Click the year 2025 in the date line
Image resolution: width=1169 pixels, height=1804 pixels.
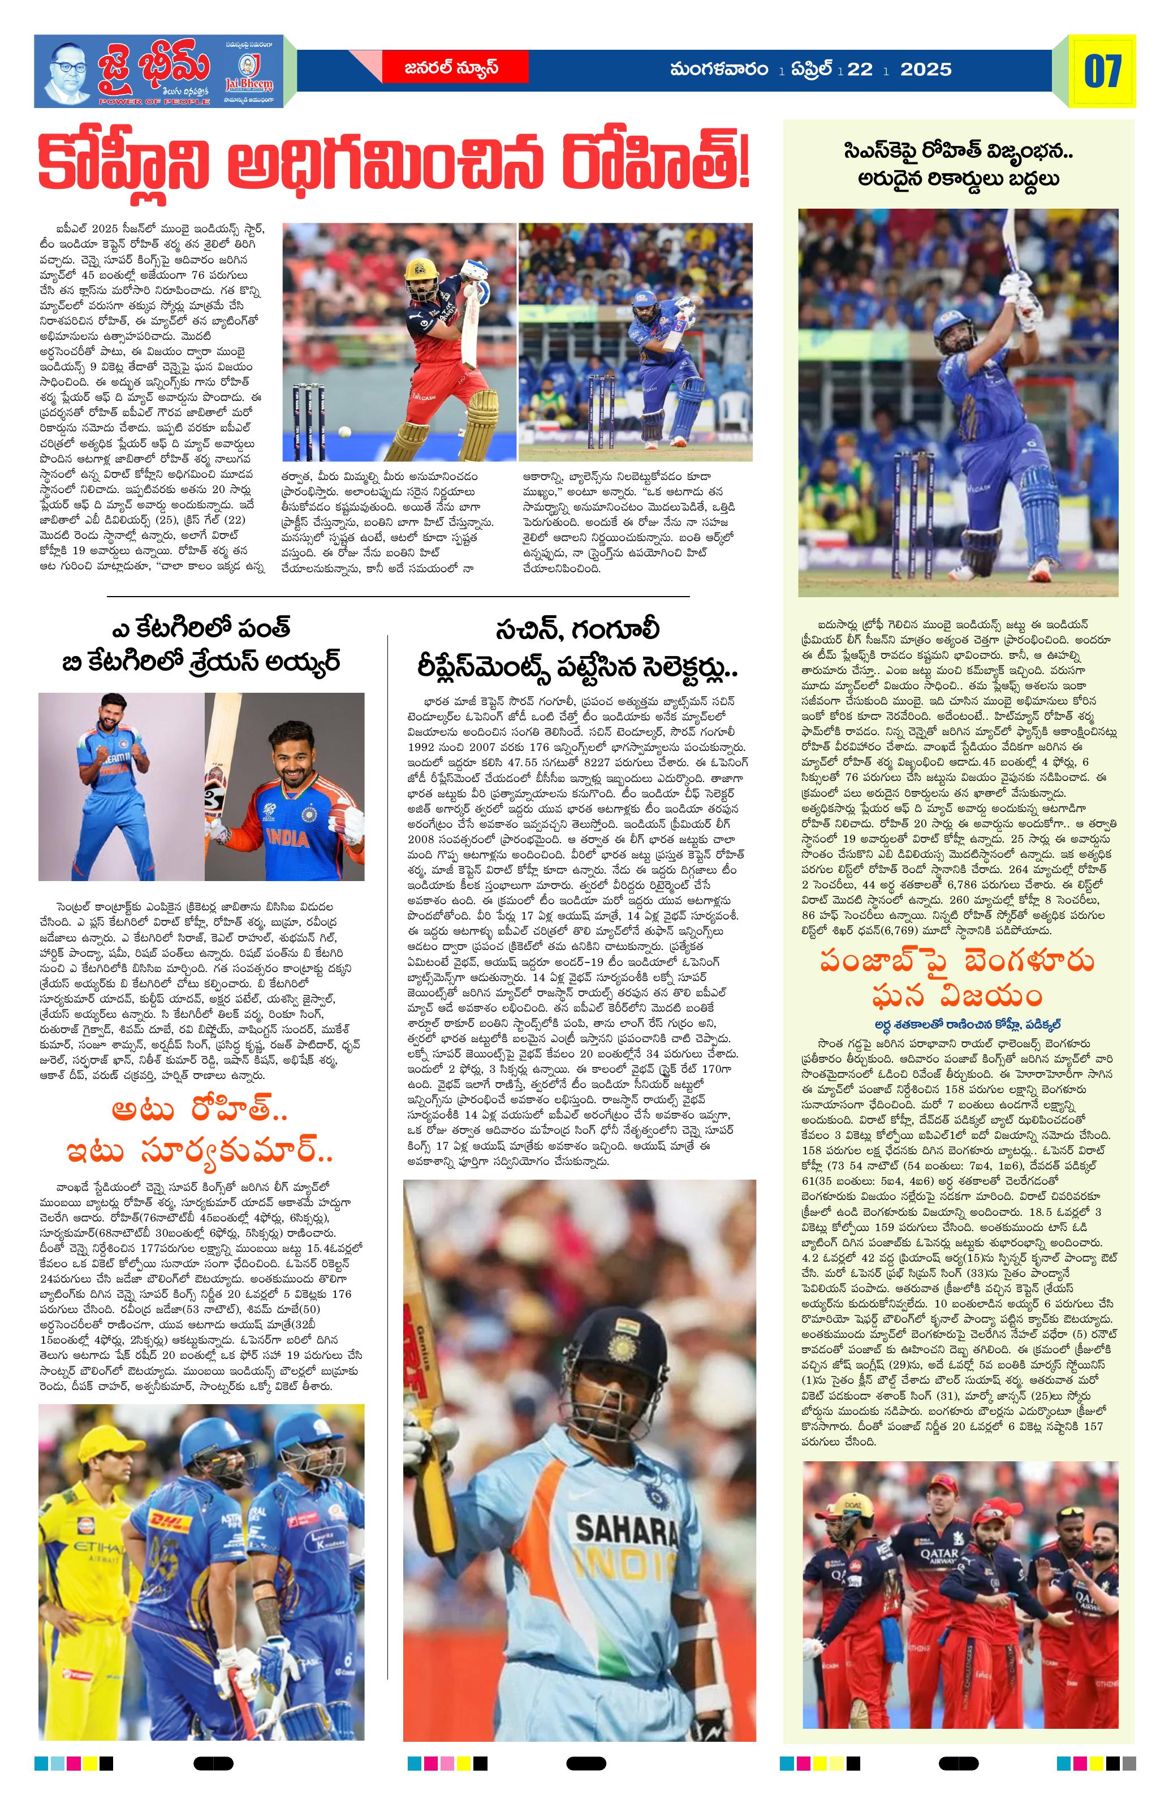click(925, 70)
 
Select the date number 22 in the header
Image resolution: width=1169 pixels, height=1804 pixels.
click(860, 70)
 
